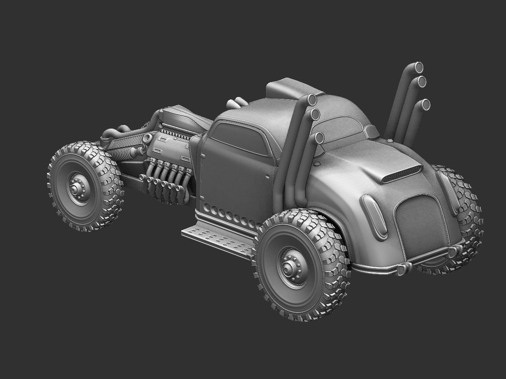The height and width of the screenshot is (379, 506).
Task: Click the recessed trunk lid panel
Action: click(x=420, y=226)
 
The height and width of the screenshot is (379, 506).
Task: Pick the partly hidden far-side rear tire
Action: click(x=465, y=217)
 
